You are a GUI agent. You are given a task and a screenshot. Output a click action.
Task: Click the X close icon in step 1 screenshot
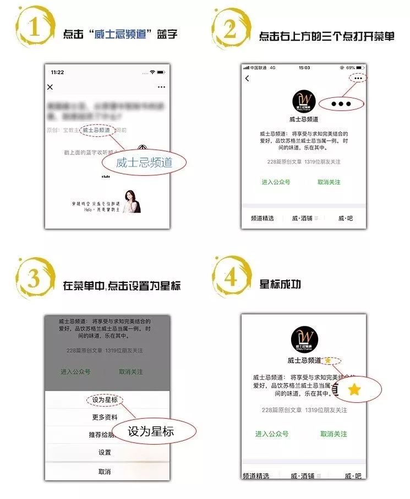(50, 87)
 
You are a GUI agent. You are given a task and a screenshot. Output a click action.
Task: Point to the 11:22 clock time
(57, 73)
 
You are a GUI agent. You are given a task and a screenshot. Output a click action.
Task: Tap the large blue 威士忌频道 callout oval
(144, 162)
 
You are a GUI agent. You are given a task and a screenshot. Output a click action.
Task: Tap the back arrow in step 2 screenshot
(247, 79)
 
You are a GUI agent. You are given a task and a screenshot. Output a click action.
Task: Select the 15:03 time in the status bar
(304, 68)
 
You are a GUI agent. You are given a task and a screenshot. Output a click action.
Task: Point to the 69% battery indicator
(354, 68)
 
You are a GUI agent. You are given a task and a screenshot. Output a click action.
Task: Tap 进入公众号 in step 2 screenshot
(276, 182)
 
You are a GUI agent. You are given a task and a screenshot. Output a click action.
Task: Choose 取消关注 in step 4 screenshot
(334, 434)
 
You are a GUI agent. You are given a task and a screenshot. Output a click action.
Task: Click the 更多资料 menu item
(105, 417)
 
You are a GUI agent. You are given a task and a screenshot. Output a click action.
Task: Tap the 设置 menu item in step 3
(105, 452)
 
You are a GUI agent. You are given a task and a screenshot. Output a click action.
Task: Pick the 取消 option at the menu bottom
(105, 472)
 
